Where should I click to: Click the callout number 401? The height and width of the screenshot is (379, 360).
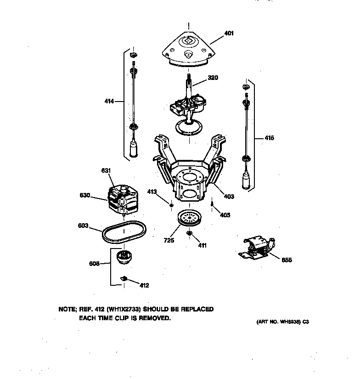[x=229, y=33]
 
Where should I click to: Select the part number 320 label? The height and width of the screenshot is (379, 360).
[x=212, y=78]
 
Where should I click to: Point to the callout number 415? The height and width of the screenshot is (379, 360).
[x=269, y=137]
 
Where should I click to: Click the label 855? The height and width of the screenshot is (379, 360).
[x=287, y=260]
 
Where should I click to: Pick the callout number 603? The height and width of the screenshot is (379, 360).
[x=83, y=226]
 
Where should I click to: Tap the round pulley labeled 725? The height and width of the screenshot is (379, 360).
[x=189, y=218]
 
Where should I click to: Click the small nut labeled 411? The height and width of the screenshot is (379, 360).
[x=189, y=235]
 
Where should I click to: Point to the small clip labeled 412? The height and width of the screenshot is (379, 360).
[x=124, y=278]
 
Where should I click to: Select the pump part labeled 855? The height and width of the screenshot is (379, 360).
[x=256, y=249]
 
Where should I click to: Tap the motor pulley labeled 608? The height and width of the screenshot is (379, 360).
[x=124, y=258]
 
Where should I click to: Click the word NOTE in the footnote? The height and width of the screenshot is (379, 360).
[x=67, y=310]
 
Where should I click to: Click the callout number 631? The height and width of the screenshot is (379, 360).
[x=106, y=171]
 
